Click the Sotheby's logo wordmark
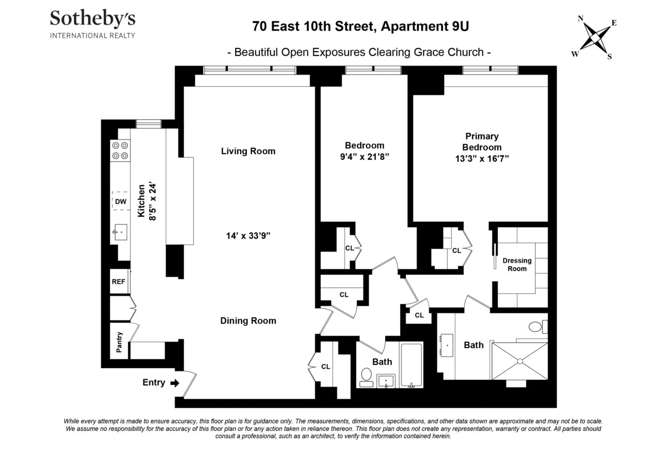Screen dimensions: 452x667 point(92,18)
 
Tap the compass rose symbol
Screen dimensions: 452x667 point(594,38)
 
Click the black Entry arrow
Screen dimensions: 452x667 point(175,383)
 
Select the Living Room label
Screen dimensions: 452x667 point(248,151)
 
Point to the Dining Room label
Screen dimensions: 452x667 point(248,320)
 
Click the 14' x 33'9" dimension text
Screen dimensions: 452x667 point(248,235)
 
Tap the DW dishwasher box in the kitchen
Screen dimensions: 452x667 point(121,201)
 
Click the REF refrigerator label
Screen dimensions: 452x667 point(118,282)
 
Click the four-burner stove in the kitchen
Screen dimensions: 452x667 point(120,150)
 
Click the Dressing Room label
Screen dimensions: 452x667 point(517,265)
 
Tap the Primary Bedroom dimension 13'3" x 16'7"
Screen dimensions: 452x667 point(482,158)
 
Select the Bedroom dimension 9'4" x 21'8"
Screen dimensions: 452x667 point(364,157)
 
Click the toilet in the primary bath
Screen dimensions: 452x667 point(537,327)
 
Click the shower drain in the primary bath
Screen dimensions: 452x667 point(520,361)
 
